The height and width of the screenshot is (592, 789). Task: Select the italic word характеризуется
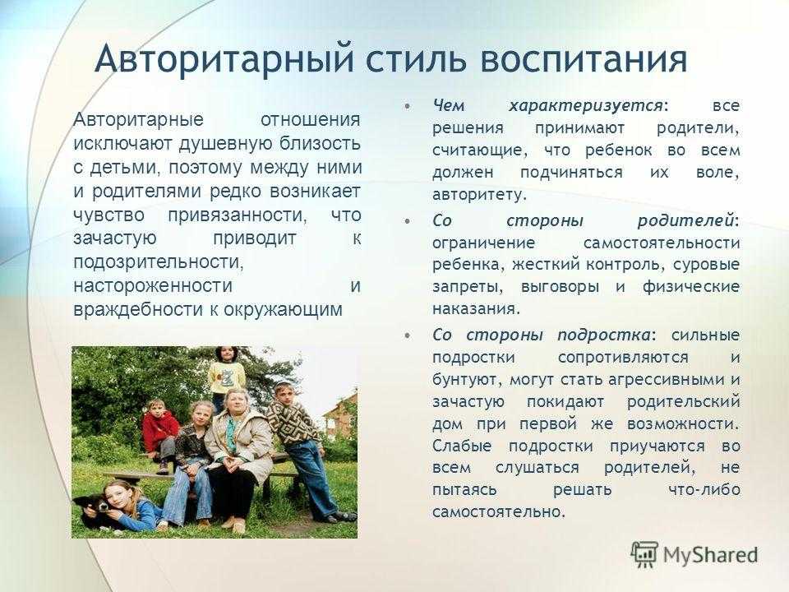[x=585, y=107]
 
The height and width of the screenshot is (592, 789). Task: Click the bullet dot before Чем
[x=407, y=107]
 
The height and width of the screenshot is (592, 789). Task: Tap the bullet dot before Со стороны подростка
[x=407, y=335]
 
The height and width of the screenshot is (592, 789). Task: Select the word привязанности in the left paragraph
[x=237, y=215]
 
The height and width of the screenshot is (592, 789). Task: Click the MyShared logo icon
[x=644, y=555]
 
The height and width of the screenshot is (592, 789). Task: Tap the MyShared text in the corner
[x=710, y=555]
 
